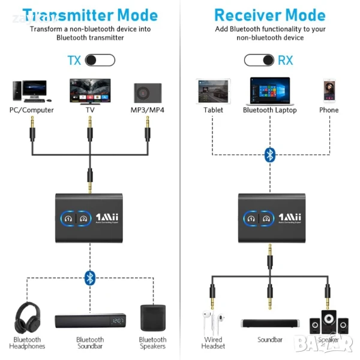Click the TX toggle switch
click(x=100, y=60)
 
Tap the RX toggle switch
click(x=259, y=60)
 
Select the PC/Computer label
click(x=31, y=110)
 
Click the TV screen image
click(x=89, y=90)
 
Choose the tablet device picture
click(x=213, y=91)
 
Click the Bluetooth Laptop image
click(x=269, y=90)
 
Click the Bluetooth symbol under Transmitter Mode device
click(x=89, y=277)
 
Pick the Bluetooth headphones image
click(x=27, y=318)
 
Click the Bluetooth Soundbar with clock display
click(x=90, y=321)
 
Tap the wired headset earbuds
click(x=213, y=324)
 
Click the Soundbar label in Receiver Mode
click(x=270, y=340)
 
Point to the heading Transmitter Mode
click(x=90, y=14)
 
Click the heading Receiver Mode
click(x=270, y=14)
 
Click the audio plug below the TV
click(x=89, y=127)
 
